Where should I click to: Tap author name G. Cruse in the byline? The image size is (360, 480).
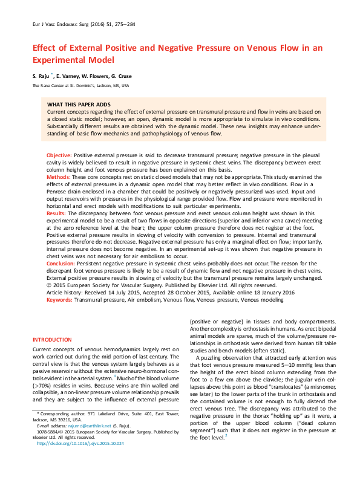tap(118, 76)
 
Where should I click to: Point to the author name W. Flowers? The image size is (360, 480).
tap(91, 76)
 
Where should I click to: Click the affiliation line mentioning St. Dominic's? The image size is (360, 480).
tap(80, 86)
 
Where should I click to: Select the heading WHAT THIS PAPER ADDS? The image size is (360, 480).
tap(79, 105)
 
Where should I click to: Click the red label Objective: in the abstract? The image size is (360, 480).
tap(59, 155)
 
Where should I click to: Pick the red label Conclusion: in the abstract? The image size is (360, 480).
tap(60, 264)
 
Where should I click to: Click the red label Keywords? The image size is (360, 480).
tap(59, 299)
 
